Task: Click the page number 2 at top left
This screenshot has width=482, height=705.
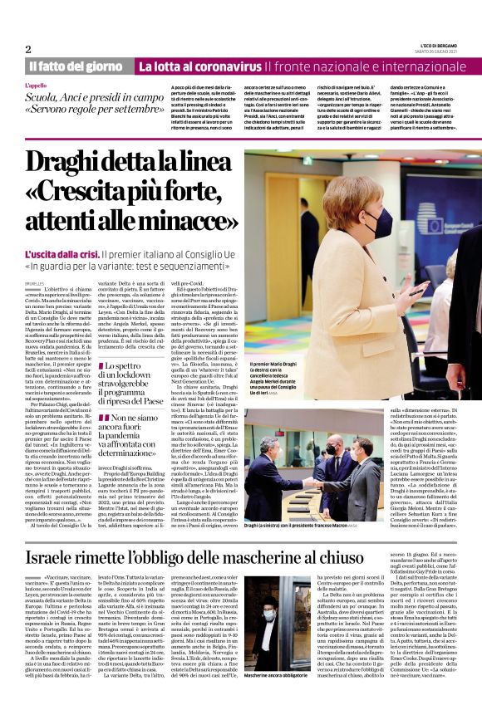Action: pos(28,49)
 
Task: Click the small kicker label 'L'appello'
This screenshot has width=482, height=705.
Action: pos(37,85)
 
